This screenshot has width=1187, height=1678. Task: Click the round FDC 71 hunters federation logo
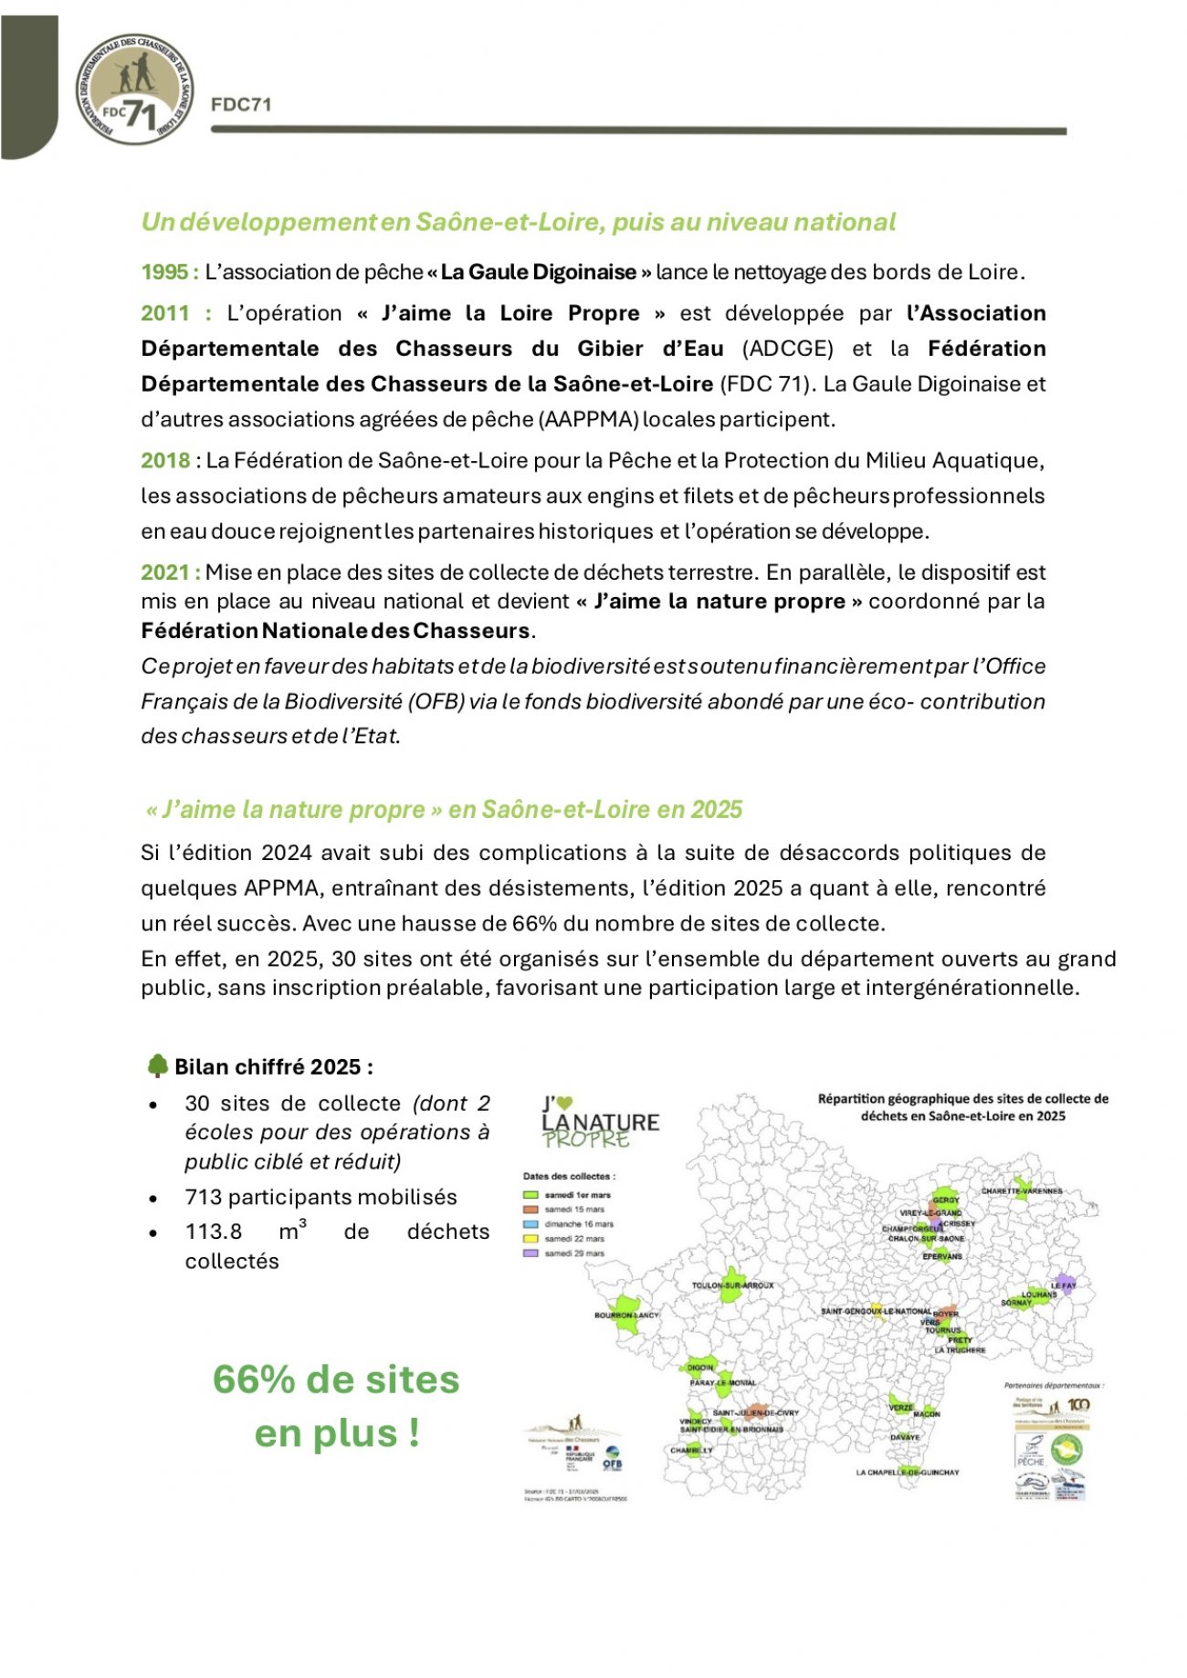click(x=134, y=89)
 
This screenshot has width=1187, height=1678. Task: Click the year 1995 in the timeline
click(x=164, y=272)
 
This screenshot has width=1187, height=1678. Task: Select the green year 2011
click(x=165, y=313)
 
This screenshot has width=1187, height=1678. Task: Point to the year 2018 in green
click(x=165, y=460)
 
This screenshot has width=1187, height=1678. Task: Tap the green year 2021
click(x=165, y=572)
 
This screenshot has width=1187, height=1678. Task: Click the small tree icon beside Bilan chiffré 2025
click(x=157, y=1065)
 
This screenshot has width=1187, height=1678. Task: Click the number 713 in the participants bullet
click(x=203, y=1197)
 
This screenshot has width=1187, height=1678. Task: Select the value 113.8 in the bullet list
click(x=214, y=1232)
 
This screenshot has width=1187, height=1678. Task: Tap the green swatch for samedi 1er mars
click(x=530, y=1194)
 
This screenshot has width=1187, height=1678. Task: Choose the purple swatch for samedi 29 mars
click(x=530, y=1253)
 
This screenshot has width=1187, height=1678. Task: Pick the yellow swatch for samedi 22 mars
click(x=530, y=1239)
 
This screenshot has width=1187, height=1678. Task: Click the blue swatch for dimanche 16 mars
click(x=530, y=1224)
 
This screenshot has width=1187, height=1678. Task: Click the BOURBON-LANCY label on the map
click(x=625, y=1316)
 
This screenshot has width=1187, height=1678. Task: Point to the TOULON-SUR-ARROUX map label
click(x=732, y=1285)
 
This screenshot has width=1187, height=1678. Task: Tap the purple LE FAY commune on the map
click(x=1062, y=1282)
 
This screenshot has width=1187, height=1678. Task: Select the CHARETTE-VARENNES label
click(x=1022, y=1191)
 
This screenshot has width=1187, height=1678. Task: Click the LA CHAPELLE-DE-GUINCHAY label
click(x=907, y=1473)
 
